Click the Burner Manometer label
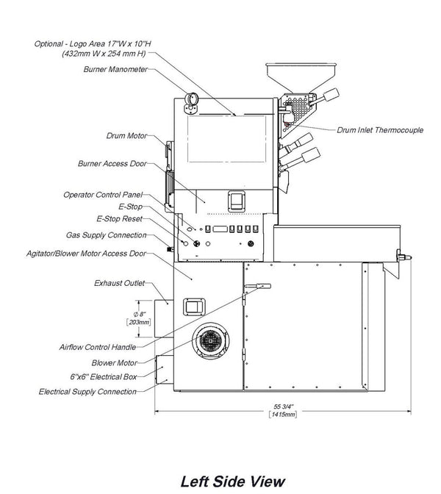115,69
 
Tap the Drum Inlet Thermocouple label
380,130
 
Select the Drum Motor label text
126,136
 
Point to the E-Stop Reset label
119,218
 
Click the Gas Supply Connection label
106,235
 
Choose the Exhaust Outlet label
119,283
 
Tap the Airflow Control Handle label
98,347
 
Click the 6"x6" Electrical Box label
104,377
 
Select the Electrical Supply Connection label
87,392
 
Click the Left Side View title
233,482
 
